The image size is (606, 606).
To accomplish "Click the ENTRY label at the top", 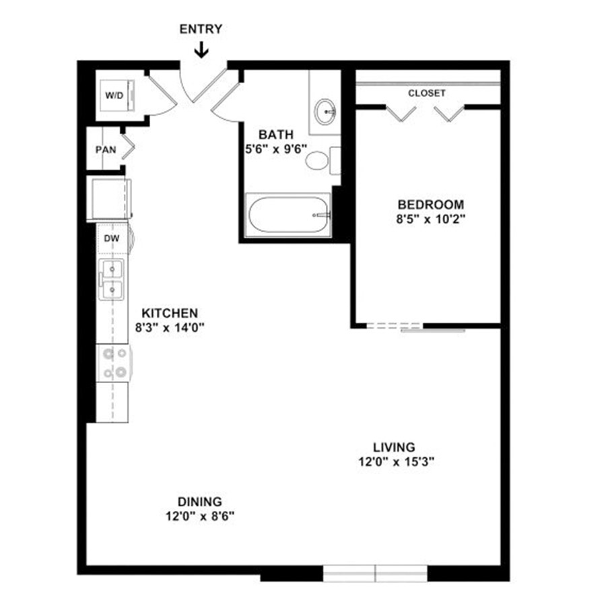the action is click(201, 29).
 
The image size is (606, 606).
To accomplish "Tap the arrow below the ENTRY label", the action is click(201, 50).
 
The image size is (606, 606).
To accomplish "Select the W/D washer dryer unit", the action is click(117, 96).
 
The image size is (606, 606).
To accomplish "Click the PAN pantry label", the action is click(106, 149).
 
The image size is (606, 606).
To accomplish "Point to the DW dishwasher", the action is click(112, 238).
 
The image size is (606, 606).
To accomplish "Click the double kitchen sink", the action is click(112, 279).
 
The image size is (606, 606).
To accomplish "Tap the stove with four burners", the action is click(114, 362).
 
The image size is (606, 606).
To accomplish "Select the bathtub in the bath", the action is click(288, 215).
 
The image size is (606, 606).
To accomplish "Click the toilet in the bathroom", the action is click(323, 160).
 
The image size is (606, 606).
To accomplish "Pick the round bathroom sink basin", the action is click(325, 112).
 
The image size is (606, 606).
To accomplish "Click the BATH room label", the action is click(276, 135).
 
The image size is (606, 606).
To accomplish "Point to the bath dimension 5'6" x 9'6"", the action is click(276, 149).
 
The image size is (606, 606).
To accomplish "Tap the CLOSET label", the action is click(427, 93).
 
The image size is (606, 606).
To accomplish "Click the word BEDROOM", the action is click(431, 204).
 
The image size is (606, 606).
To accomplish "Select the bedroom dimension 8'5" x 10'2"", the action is click(430, 219).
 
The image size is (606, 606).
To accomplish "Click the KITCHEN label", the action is click(170, 312).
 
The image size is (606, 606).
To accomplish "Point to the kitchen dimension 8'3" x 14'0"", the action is click(169, 328).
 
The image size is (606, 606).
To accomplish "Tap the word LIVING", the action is click(394, 447).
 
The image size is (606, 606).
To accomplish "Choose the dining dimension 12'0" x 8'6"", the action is click(200, 516).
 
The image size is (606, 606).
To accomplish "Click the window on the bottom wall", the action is click(375, 573).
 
